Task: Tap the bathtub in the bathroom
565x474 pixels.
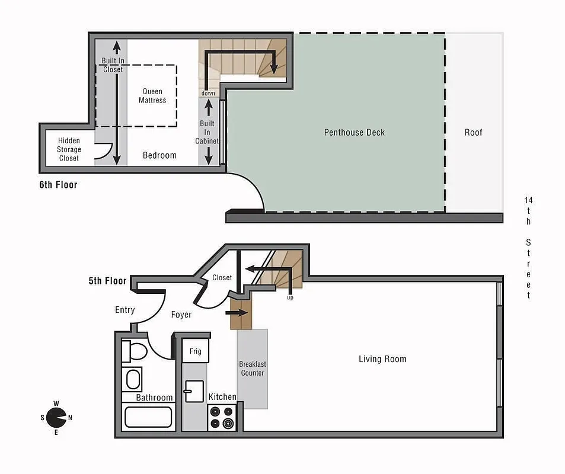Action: (148, 417)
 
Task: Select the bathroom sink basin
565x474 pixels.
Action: (133, 379)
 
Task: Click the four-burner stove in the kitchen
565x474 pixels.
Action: (222, 417)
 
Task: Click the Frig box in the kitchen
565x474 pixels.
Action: (195, 351)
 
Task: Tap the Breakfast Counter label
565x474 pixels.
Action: (252, 369)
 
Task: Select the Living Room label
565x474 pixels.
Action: (382, 359)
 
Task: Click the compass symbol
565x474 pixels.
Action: (56, 418)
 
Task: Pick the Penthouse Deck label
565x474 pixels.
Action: (354, 132)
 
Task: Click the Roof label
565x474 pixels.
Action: (473, 132)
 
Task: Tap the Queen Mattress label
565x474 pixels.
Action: (152, 96)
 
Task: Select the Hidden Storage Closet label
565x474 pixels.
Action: (69, 150)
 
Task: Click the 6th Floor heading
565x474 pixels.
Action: (58, 185)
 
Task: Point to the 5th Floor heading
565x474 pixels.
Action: (107, 281)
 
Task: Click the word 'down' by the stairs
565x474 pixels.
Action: (208, 93)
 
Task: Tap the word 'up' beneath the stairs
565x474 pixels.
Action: (290, 297)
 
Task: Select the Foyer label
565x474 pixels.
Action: (181, 315)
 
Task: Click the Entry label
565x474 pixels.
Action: (125, 310)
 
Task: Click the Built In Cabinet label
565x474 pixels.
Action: (208, 133)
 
